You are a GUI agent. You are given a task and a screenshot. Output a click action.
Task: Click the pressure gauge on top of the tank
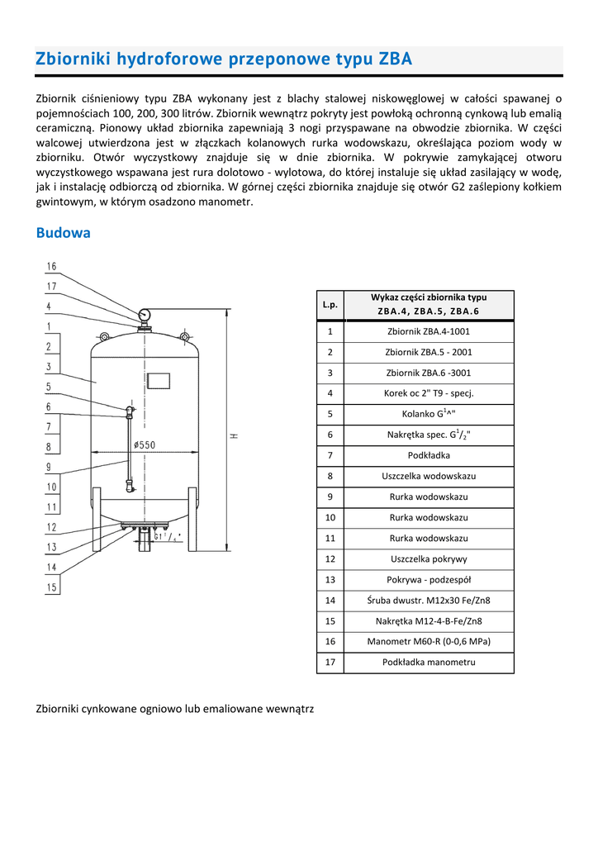pyautogui.click(x=145, y=315)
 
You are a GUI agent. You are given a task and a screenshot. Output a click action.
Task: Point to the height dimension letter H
pyautogui.click(x=234, y=435)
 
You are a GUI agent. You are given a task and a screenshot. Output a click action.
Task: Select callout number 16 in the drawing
pyautogui.click(x=51, y=267)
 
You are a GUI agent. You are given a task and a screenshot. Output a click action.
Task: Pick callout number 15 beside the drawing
pyautogui.click(x=51, y=587)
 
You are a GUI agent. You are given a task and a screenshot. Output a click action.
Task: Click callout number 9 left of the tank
pyautogui.click(x=50, y=467)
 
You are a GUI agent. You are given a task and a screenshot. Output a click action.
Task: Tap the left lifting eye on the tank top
pyautogui.click(x=104, y=336)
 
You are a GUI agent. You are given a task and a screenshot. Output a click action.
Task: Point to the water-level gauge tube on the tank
pyautogui.click(x=130, y=446)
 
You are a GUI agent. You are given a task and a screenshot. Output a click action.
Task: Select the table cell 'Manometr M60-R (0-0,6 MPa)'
pyautogui.click(x=428, y=641)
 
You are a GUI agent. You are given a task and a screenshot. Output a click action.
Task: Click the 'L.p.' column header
pyautogui.click(x=330, y=305)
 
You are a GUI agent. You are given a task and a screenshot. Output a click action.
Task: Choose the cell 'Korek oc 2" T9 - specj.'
pyautogui.click(x=428, y=393)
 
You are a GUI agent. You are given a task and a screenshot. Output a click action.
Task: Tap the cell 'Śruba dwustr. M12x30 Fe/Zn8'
pyautogui.click(x=428, y=600)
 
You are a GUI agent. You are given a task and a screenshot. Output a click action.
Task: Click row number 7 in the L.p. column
pyautogui.click(x=330, y=455)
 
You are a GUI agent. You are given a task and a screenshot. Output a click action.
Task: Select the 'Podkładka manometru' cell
pyautogui.click(x=428, y=662)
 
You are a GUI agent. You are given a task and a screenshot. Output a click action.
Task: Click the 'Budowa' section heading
pyautogui.click(x=63, y=233)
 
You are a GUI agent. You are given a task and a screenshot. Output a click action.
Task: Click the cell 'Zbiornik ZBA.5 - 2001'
pyautogui.click(x=428, y=352)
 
